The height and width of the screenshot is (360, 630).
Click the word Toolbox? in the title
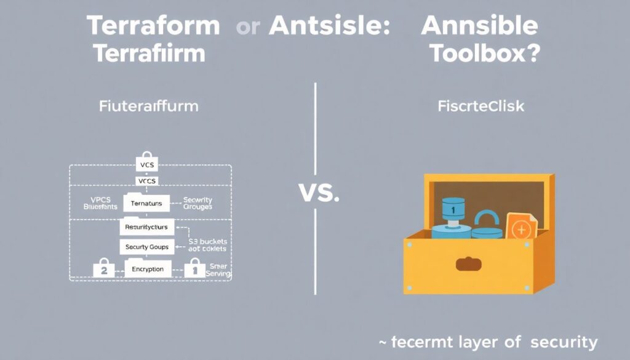pyautogui.click(x=484, y=54)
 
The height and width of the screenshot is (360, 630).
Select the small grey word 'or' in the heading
pyautogui.click(x=247, y=28)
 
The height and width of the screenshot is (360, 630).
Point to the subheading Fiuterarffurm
pyautogui.click(x=148, y=106)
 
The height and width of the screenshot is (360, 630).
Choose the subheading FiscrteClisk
pyautogui.click(x=480, y=106)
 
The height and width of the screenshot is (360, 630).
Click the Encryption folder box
pyautogui.click(x=147, y=268)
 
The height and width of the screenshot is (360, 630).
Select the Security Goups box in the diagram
pyautogui.click(x=147, y=247)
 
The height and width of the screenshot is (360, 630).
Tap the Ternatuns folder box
pyautogui.click(x=146, y=203)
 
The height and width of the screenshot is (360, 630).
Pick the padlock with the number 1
pyautogui.click(x=194, y=268)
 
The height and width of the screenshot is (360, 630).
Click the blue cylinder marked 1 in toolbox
pyautogui.click(x=452, y=217)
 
